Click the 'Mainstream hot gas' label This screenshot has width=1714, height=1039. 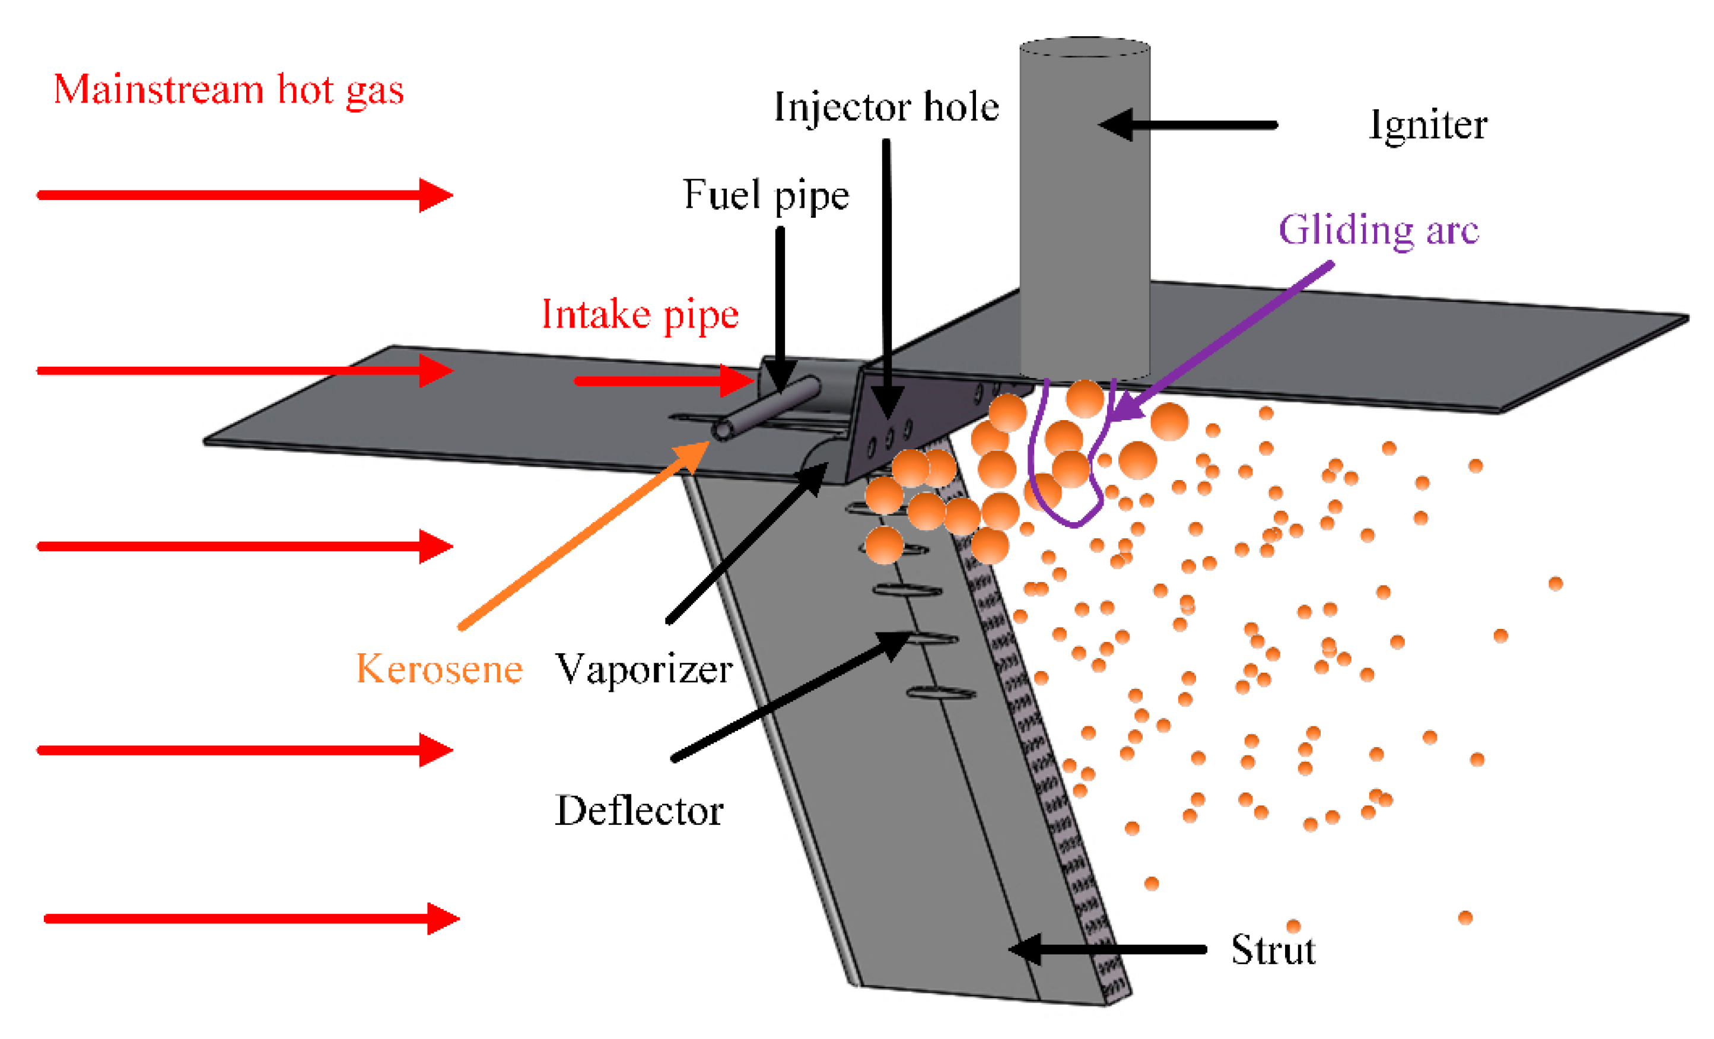tap(228, 90)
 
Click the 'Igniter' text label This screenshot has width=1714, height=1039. tap(1427, 125)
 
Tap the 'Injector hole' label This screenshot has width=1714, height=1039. tap(886, 107)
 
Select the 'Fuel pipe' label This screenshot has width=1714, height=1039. tap(765, 194)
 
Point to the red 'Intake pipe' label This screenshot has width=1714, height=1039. tap(640, 314)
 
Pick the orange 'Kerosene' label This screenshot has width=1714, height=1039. tap(439, 669)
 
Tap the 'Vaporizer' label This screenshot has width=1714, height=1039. tap(644, 669)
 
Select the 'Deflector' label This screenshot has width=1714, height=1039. tap(638, 811)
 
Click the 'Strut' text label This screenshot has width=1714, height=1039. tap(1273, 950)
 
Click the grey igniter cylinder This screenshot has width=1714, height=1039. tap(1085, 209)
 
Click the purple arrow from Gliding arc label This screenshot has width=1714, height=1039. tap(1225, 341)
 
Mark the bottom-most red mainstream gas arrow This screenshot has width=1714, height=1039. tap(250, 919)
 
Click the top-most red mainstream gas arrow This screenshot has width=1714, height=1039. tap(243, 195)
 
